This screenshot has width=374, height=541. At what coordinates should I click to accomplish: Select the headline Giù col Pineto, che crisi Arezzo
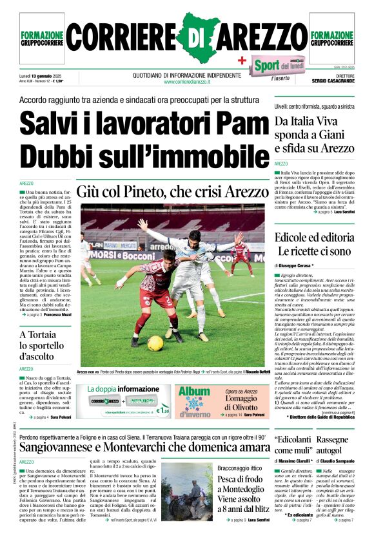(170, 191)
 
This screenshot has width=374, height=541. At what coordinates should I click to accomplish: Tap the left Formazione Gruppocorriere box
(42, 39)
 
